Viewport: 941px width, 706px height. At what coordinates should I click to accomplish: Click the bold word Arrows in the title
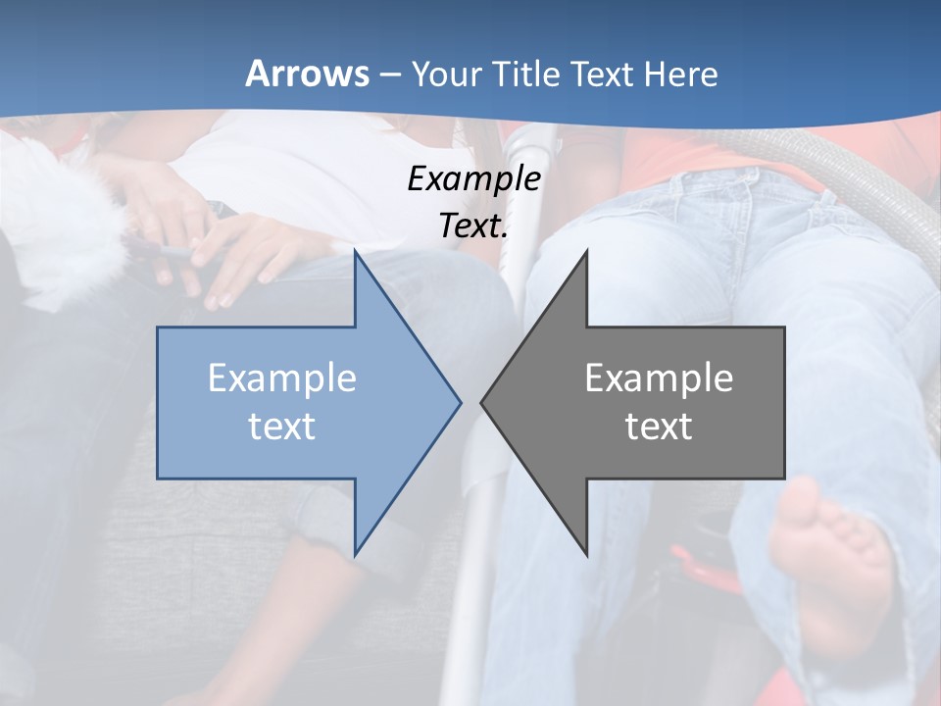(x=307, y=74)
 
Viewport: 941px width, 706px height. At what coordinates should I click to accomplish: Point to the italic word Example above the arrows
(x=473, y=178)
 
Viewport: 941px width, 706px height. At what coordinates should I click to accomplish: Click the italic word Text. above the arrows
(x=473, y=226)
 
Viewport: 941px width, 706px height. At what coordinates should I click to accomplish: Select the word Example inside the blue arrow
(x=282, y=378)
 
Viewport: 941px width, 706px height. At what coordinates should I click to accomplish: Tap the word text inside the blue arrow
(x=282, y=426)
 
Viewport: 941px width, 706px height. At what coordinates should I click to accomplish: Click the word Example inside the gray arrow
(x=659, y=378)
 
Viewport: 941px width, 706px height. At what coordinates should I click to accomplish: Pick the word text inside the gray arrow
(x=659, y=426)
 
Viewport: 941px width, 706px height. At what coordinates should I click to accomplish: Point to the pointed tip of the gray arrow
(x=482, y=402)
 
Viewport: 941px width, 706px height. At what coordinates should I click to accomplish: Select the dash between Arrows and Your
(x=389, y=75)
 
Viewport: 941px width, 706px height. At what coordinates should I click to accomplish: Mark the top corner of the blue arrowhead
(x=355, y=252)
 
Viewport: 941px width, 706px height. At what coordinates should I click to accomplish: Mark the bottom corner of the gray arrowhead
(x=586, y=554)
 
